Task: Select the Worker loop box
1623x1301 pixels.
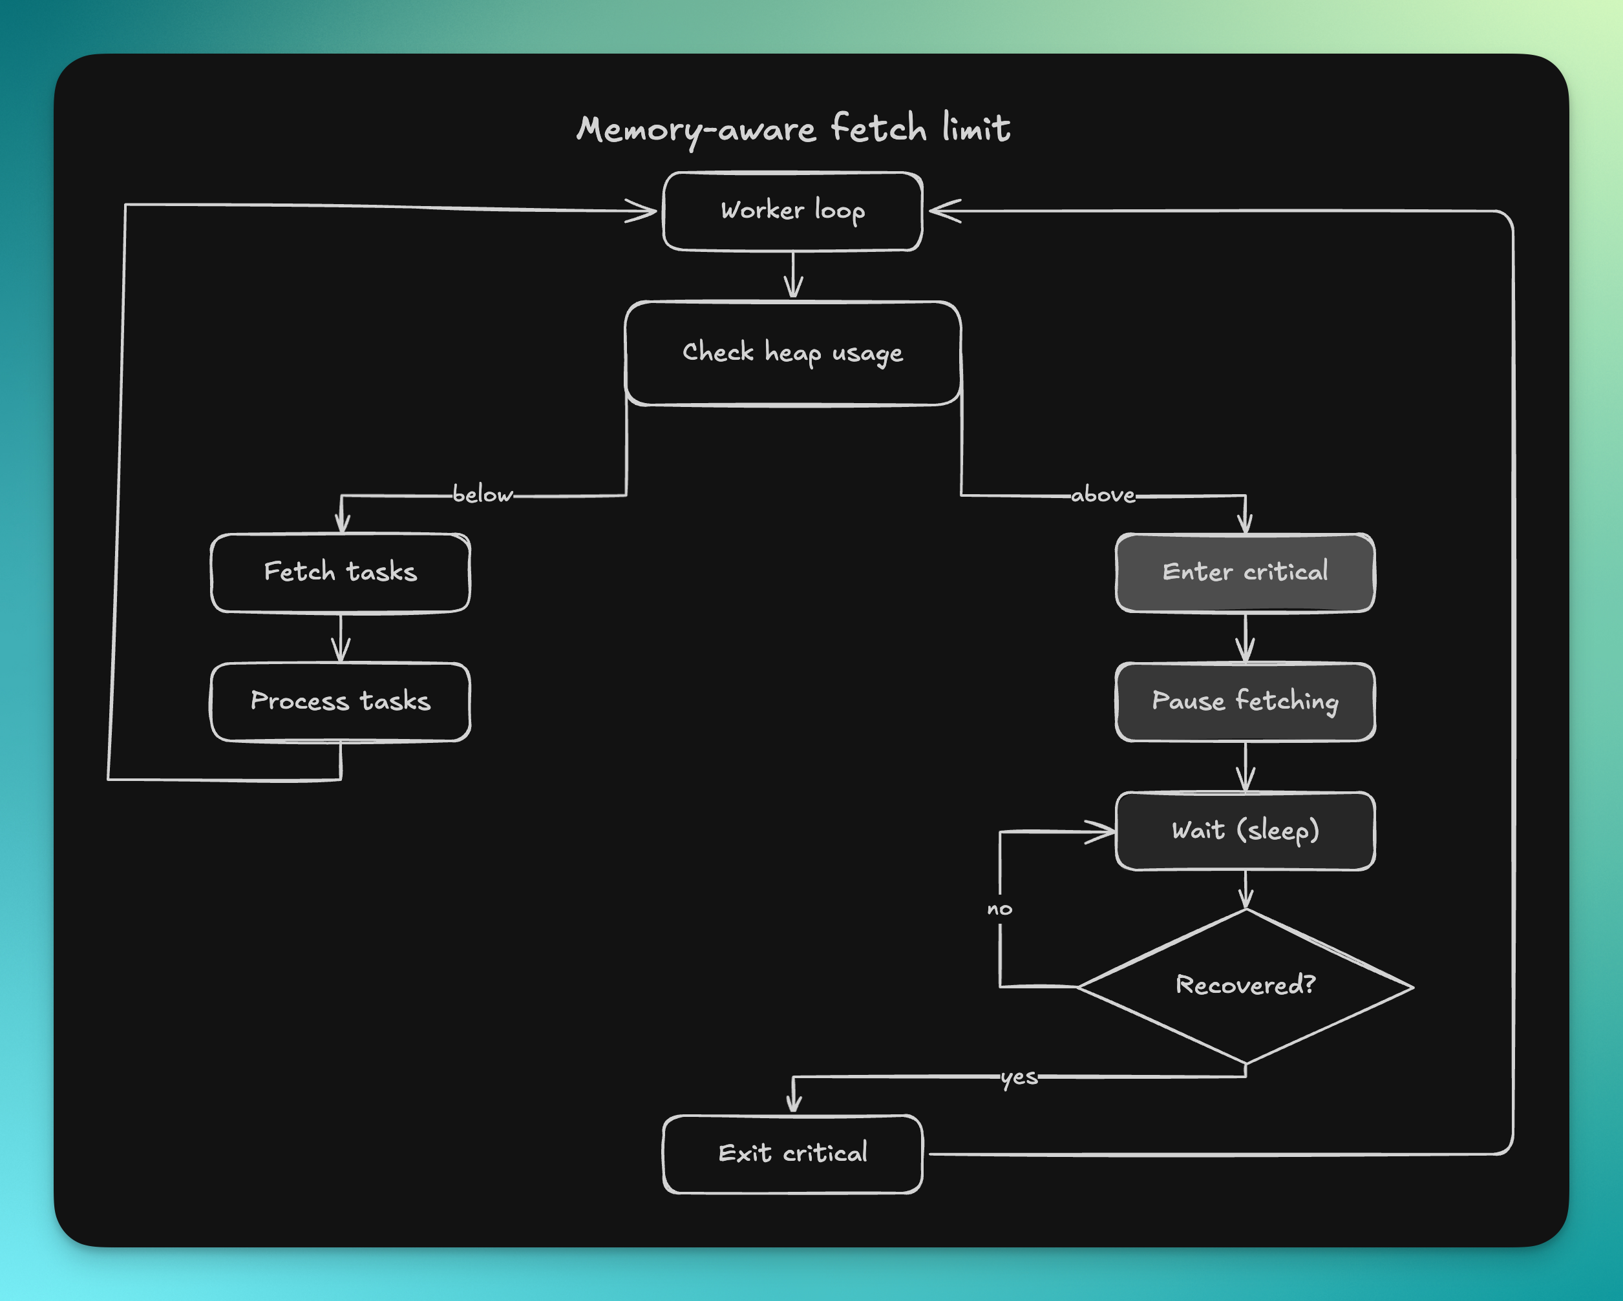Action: click(792, 211)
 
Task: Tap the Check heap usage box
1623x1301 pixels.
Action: click(792, 353)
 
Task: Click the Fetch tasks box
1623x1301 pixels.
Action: click(340, 572)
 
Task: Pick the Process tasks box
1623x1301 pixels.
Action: click(340, 702)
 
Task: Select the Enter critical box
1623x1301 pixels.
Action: click(1245, 572)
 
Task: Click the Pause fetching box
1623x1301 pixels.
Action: click(1245, 702)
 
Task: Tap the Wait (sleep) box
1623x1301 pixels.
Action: click(1245, 831)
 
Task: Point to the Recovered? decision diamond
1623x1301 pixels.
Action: click(1245, 986)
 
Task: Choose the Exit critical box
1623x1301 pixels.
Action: click(792, 1154)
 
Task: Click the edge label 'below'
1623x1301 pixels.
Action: click(483, 495)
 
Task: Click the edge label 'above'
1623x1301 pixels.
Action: click(1103, 495)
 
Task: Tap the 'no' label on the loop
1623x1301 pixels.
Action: click(1000, 909)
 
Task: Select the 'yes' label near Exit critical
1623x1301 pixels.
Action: click(1019, 1077)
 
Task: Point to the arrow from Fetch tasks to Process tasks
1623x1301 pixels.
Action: click(341, 638)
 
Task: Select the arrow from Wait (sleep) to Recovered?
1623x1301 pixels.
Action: click(1246, 890)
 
